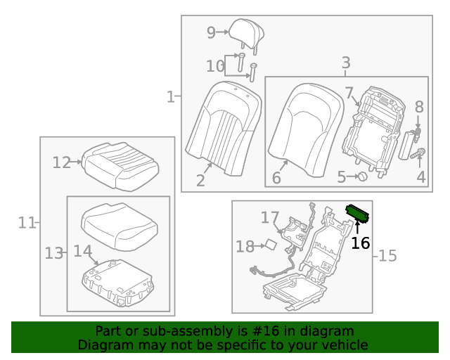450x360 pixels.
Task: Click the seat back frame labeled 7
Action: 368,129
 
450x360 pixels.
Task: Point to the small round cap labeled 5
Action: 362,177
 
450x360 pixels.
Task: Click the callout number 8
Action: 419,107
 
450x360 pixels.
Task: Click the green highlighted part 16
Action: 358,212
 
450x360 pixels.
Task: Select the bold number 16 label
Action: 360,243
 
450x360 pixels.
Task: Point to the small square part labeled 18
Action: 269,245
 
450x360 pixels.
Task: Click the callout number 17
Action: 270,218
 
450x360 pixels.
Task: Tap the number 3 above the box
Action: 346,63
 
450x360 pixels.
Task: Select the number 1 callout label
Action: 170,96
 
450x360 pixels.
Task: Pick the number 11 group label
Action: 27,223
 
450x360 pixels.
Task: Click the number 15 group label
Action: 387,256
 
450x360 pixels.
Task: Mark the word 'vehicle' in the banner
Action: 342,345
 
